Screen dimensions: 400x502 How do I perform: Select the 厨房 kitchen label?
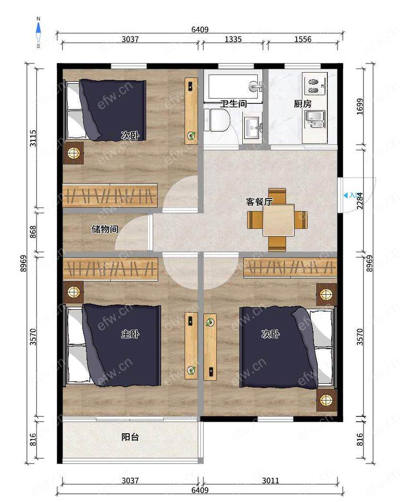coord(302,104)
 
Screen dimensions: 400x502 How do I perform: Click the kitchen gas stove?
coord(315,84)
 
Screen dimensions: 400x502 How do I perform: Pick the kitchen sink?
coord(315,119)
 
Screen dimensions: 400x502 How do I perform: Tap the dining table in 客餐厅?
coord(278,220)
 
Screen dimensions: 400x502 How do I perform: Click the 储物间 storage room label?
coord(105,229)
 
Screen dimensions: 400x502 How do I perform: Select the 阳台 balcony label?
coord(130,437)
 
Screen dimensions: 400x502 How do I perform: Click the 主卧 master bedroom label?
coord(130,334)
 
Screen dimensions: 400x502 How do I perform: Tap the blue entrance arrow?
coord(345,195)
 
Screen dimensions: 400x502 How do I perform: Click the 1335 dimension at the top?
coord(233,39)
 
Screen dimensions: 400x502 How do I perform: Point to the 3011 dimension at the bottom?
coord(270,480)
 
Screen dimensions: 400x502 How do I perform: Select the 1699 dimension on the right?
coord(360,107)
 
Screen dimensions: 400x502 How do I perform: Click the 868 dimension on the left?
coord(33,232)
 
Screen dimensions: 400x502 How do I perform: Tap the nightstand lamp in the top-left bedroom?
coord(73,153)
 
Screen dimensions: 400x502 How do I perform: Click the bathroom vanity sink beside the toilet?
coord(252,128)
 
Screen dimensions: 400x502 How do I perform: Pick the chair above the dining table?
coord(277,196)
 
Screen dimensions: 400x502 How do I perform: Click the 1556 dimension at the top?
coord(302,39)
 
